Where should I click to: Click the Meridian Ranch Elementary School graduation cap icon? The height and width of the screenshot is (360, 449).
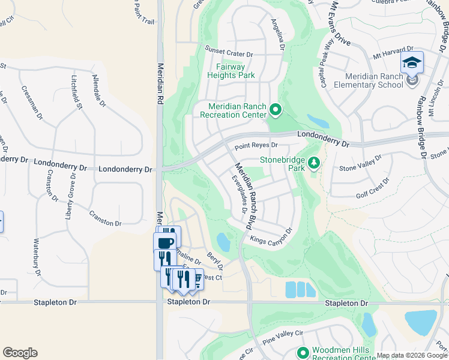pos(412,63)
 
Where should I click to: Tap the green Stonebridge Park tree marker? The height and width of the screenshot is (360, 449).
pos(313,163)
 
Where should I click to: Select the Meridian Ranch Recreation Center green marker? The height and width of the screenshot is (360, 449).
pos(276,109)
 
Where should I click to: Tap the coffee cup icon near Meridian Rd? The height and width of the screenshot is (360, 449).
pos(165,242)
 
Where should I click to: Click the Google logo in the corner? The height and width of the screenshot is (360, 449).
pos(20,353)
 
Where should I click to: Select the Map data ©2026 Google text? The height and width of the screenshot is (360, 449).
pos(412,355)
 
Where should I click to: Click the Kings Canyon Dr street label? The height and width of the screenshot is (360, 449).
pos(271,236)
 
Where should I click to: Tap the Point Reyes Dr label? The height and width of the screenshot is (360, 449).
pos(256,145)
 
